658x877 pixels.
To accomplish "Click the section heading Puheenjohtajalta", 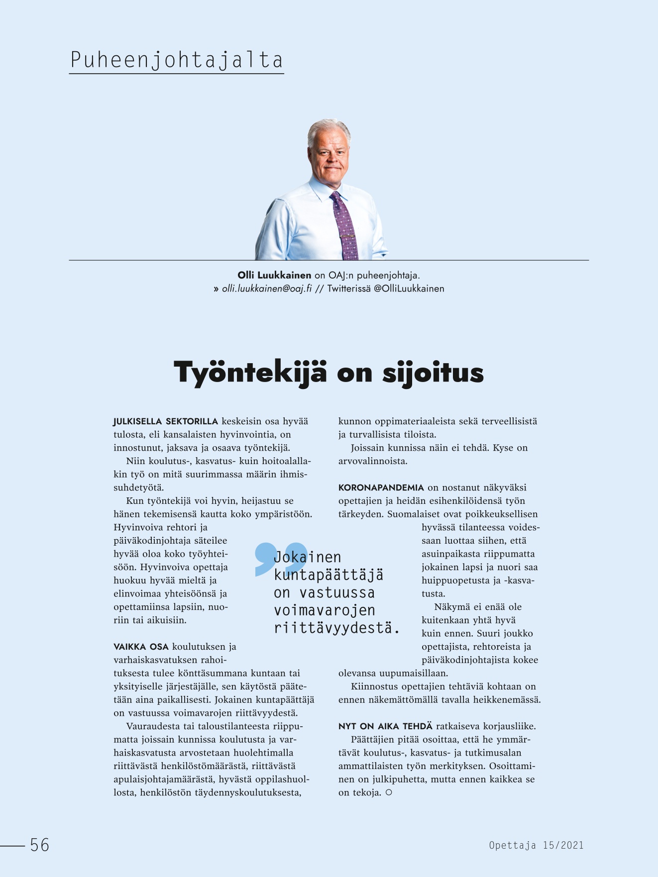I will coord(176,60).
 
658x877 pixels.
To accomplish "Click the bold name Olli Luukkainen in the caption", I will coord(274,275).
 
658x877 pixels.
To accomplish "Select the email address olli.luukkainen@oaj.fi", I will coord(267,289).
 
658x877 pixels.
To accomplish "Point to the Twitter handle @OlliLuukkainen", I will coord(409,289).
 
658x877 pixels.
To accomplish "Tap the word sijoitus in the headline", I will coord(433,372).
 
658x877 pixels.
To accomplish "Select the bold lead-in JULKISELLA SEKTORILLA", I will coord(165,421).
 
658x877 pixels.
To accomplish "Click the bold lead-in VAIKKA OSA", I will coord(141,647).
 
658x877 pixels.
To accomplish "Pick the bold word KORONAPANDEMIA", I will coord(381,487).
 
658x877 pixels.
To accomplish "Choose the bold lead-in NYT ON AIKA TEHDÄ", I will coord(385,726).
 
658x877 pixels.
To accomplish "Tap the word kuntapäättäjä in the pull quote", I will coord(329,575).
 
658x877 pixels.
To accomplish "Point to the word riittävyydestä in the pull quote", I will coord(336,628).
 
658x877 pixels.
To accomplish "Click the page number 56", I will coord(40,845).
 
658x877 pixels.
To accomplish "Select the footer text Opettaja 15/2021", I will coord(536,845).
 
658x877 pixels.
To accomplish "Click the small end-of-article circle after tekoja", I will coord(389,792).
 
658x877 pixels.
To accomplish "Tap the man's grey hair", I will coord(328,128).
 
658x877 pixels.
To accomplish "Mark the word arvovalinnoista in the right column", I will coord(373,461).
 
